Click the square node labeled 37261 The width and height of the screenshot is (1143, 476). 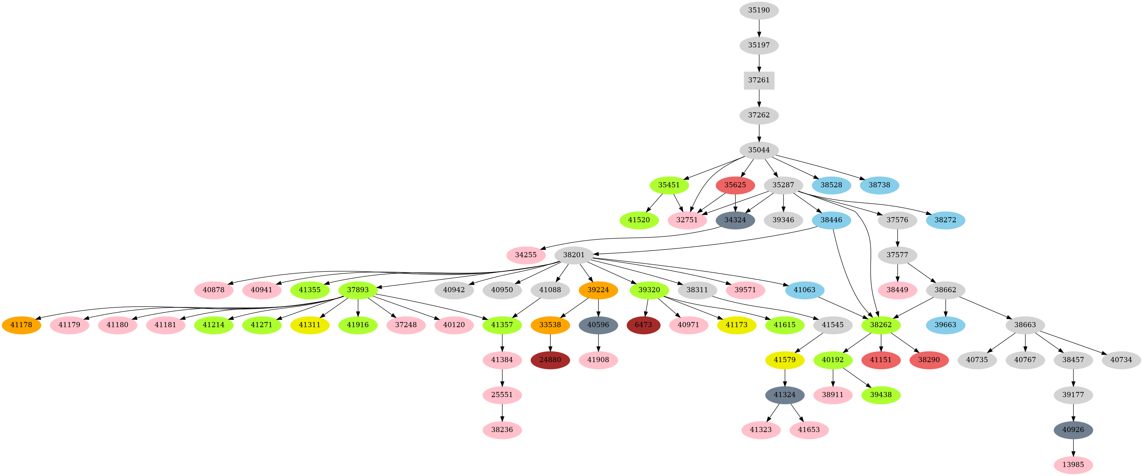pyautogui.click(x=759, y=80)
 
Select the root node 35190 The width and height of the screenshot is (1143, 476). pyautogui.click(x=759, y=10)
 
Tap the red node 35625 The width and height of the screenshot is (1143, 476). pyautogui.click(x=735, y=185)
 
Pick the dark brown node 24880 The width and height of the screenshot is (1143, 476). pyautogui.click(x=550, y=360)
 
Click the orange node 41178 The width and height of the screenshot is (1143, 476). pyautogui.click(x=21, y=325)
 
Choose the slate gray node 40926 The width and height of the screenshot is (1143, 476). pyautogui.click(x=1073, y=430)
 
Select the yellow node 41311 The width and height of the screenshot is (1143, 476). pyautogui.click(x=310, y=325)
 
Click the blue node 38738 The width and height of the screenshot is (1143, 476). pyautogui.click(x=879, y=185)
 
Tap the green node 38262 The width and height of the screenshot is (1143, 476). pyautogui.click(x=881, y=325)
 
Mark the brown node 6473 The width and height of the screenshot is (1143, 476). pyautogui.click(x=643, y=325)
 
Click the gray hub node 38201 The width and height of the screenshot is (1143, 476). pyautogui.click(x=574, y=255)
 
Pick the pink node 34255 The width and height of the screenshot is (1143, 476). pyautogui.click(x=526, y=255)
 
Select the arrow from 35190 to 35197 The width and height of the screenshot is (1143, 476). pyautogui.click(x=759, y=28)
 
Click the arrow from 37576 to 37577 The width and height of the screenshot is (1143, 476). pyautogui.click(x=897, y=237)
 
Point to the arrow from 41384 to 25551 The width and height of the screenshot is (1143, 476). pyautogui.click(x=502, y=377)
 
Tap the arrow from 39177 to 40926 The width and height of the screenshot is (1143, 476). pyautogui.click(x=1073, y=412)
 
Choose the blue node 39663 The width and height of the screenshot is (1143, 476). pyautogui.click(x=946, y=325)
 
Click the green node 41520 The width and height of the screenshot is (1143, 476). pyautogui.click(x=639, y=220)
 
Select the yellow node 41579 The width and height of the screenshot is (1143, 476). pyautogui.click(x=785, y=360)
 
